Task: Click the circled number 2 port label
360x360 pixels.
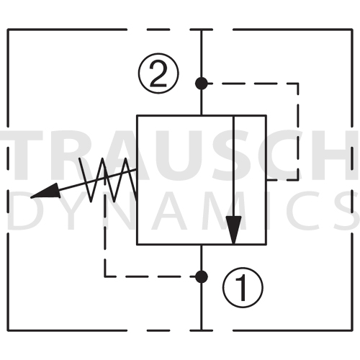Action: [x=158, y=73]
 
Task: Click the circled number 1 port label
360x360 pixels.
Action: [x=243, y=287]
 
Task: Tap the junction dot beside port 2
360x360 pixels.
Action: [x=202, y=84]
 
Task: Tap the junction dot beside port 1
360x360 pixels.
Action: [x=202, y=276]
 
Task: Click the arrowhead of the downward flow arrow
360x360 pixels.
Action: [x=233, y=230]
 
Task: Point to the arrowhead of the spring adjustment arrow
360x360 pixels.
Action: [x=45, y=192]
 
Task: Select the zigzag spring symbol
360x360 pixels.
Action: [x=108, y=179]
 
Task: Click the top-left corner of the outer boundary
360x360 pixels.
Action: [x=8, y=30]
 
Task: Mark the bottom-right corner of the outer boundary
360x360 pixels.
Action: [x=352, y=330]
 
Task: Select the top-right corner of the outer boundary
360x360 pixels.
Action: [x=352, y=30]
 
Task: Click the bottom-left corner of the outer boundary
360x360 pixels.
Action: [x=8, y=330]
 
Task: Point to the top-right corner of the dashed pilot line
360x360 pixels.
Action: [x=298, y=84]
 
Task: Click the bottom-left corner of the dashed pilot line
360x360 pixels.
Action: [x=105, y=276]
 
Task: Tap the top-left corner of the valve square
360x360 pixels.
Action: [x=137, y=115]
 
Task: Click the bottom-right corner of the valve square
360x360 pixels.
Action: [x=266, y=245]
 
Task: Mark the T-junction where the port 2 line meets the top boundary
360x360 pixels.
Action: [x=202, y=30]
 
